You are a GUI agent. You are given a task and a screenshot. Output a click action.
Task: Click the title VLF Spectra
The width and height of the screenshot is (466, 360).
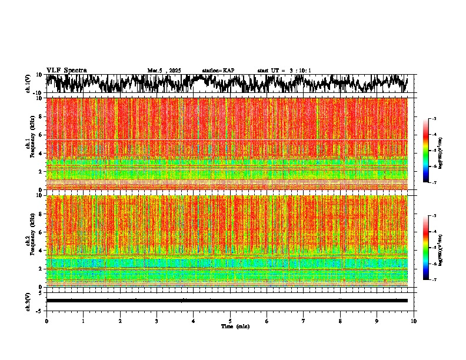pyautogui.click(x=66, y=70)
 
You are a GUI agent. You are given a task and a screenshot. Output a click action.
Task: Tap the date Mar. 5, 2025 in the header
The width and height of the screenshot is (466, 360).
pyautogui.click(x=164, y=71)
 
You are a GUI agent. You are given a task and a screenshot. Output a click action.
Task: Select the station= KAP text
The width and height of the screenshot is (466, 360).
pyautogui.click(x=218, y=71)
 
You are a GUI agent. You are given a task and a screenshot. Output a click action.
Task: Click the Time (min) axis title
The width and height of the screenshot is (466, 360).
pyautogui.click(x=235, y=326)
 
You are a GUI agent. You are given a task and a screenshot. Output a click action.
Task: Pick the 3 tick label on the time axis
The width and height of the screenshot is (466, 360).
pyautogui.click(x=157, y=321)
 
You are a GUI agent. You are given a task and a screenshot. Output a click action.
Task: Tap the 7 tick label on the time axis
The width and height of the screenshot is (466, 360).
pyautogui.click(x=304, y=321)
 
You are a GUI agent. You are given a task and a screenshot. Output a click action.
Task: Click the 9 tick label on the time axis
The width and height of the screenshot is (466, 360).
pyautogui.click(x=377, y=321)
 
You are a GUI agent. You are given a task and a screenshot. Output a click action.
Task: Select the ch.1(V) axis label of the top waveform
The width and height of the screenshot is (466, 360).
pyautogui.click(x=28, y=84)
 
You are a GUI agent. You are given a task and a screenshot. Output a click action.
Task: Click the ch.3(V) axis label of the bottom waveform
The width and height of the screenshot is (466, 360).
pyautogui.click(x=28, y=301)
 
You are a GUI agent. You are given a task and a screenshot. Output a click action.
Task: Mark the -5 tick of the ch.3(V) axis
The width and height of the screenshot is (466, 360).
pyautogui.click(x=39, y=310)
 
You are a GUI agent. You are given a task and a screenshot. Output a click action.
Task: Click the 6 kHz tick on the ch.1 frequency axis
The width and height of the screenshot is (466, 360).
pyautogui.click(x=40, y=135)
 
